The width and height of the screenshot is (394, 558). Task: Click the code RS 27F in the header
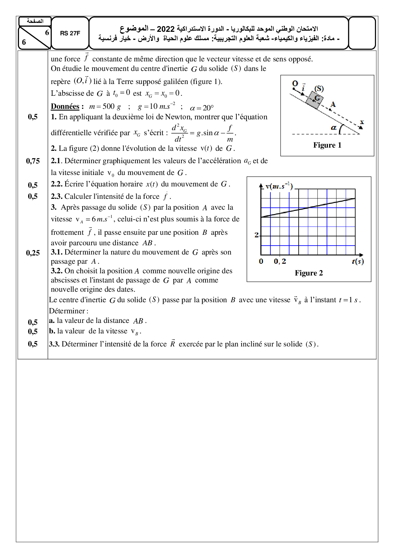[70, 33]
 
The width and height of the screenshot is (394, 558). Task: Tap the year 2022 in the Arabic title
[166, 29]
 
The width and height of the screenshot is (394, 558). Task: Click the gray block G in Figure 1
[315, 99]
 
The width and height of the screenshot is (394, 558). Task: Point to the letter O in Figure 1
[295, 84]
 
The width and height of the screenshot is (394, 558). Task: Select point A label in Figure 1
[333, 104]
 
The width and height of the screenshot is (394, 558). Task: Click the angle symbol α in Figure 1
[333, 128]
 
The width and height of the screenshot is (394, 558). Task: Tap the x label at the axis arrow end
[362, 122]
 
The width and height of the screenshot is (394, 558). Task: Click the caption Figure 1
[327, 145]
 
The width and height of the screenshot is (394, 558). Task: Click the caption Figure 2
[309, 273]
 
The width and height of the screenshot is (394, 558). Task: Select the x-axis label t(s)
[357, 262]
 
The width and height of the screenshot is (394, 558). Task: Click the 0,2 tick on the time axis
[280, 262]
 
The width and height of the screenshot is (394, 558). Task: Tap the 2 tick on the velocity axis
[256, 235]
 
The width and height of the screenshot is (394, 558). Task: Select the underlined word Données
[65, 106]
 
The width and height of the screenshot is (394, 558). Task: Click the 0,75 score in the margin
[33, 161]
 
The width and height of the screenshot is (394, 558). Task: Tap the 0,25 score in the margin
[33, 253]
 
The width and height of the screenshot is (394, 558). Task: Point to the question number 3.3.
[54, 344]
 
